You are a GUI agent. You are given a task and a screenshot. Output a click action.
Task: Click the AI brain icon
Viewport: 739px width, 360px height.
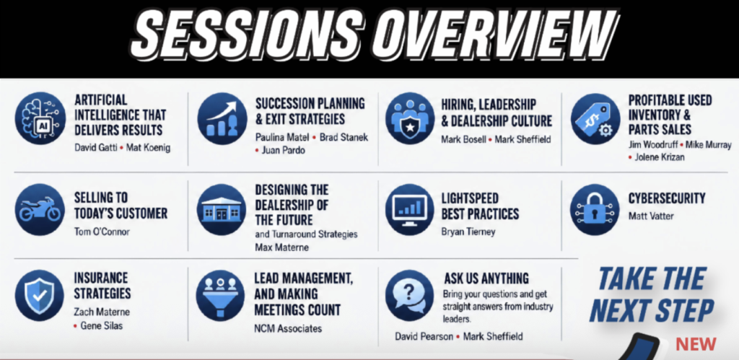[40, 118]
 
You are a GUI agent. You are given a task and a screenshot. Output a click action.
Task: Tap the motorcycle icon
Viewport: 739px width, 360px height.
[40, 209]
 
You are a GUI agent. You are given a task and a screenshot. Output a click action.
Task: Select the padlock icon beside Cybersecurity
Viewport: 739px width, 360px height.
[595, 209]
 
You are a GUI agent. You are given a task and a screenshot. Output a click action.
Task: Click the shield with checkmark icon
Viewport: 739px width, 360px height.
[40, 296]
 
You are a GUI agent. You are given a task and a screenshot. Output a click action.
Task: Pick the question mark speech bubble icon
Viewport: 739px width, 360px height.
[410, 296]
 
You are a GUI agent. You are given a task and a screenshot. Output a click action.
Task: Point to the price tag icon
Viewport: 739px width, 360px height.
[595, 118]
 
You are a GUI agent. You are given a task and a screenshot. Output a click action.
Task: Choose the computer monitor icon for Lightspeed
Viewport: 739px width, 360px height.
[410, 209]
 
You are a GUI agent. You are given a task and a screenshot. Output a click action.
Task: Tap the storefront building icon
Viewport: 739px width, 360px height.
[221, 209]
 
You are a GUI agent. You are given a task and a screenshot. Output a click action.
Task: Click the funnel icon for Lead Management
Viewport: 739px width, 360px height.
[221, 296]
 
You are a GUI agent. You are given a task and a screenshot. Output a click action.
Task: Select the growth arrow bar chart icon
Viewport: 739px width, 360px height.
[222, 118]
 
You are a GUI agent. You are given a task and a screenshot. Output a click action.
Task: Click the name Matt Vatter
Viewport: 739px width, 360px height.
[651, 216]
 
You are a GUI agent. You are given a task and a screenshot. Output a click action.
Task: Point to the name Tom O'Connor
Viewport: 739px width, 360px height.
[102, 232]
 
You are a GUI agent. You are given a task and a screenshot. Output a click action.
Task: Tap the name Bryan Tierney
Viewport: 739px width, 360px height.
[468, 232]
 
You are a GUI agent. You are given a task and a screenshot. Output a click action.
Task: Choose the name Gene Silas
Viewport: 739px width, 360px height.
[101, 325]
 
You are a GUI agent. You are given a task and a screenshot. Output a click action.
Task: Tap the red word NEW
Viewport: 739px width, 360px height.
[696, 344]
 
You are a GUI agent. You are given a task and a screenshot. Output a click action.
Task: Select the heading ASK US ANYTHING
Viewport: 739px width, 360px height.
[486, 278]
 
